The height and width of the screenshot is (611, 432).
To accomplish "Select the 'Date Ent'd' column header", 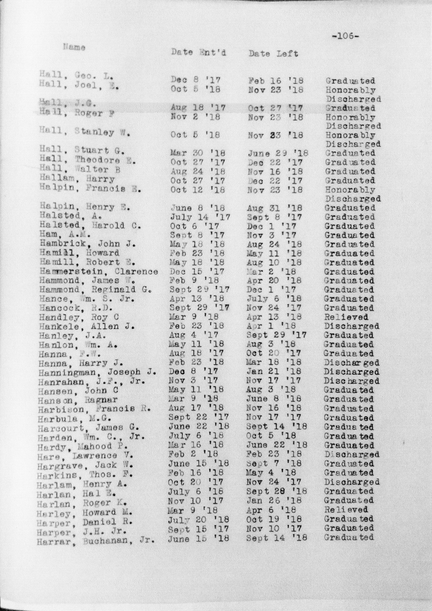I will (x=198, y=52).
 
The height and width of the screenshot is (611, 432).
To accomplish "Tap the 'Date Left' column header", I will (x=273, y=54).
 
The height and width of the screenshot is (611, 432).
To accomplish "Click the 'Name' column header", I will (x=74, y=48).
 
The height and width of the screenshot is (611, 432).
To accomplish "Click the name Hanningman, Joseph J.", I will (x=97, y=372).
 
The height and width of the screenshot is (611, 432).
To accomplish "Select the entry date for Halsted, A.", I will (x=200, y=217).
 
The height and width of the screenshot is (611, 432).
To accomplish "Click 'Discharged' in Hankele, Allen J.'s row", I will (x=351, y=326).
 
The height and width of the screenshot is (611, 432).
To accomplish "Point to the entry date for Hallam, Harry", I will (x=198, y=181).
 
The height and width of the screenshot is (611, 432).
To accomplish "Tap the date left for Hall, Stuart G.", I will (x=278, y=153).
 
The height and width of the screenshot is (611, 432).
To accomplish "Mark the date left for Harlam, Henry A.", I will (x=274, y=482).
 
